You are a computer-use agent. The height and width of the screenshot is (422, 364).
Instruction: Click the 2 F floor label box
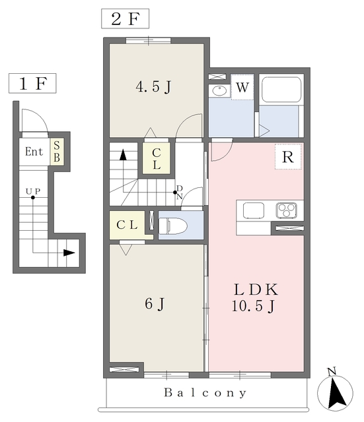125,18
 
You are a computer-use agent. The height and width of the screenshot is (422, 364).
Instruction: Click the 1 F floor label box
32,83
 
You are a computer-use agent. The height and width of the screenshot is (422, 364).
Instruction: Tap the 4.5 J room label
153,87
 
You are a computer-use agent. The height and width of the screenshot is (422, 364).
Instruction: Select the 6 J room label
155,304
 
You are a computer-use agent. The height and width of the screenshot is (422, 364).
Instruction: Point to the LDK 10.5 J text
254,297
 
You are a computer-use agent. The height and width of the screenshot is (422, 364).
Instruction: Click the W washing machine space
242,87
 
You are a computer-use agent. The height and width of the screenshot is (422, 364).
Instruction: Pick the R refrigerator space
288,157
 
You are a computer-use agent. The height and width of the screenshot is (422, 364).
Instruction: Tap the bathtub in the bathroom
281,90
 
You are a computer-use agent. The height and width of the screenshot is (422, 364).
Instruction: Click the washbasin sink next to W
219,91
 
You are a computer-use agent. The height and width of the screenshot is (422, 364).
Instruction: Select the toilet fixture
173,226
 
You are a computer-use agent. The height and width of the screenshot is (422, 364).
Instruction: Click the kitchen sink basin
254,210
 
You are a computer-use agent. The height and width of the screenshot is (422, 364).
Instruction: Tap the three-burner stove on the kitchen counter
286,210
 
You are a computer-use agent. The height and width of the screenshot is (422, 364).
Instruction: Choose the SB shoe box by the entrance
57,152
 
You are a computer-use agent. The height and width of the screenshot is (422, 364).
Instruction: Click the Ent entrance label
34,152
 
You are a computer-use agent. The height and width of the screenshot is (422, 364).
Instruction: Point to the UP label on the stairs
33,191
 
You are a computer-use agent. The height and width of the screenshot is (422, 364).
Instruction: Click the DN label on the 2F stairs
180,193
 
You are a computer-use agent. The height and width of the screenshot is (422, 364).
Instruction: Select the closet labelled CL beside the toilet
127,225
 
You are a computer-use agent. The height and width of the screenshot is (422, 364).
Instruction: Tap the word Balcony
205,393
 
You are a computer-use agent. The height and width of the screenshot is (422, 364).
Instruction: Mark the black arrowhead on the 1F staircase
69,253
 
